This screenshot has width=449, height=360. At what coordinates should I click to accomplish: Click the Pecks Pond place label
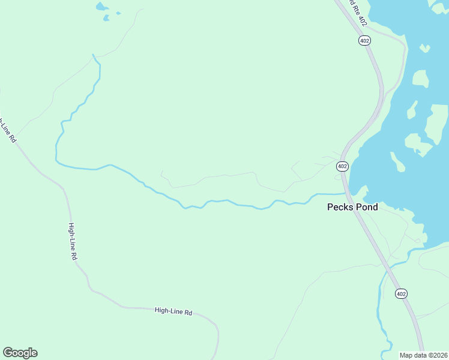coord(352,207)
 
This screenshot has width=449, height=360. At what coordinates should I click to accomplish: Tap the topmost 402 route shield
coord(365,40)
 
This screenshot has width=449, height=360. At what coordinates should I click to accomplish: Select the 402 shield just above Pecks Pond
coord(342,166)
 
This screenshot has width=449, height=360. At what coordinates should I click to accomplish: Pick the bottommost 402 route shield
coord(401,293)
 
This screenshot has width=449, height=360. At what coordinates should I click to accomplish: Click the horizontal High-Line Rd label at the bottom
coord(173,311)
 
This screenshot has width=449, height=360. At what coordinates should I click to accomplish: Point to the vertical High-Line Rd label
coord(73,241)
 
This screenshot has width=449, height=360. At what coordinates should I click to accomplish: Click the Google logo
coord(20,353)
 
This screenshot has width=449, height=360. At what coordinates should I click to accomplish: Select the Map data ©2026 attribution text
coord(423,355)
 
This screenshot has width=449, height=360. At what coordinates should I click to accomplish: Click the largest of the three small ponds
coord(101,7)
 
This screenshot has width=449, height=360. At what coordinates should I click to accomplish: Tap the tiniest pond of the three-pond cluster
coord(118,13)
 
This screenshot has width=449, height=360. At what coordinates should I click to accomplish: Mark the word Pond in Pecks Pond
coord(366,207)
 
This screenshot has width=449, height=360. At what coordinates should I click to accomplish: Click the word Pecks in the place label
coord(339,207)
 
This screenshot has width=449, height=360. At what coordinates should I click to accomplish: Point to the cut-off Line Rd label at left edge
coord(7,130)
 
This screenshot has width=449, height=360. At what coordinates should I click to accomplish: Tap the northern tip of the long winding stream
coord(92,55)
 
